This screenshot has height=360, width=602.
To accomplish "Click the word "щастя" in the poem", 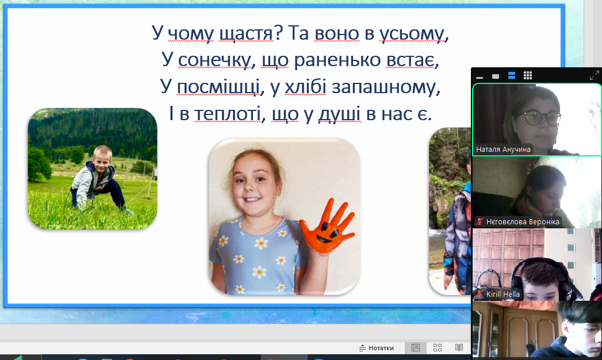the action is (246, 33).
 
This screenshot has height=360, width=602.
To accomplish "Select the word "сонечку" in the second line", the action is (214, 60).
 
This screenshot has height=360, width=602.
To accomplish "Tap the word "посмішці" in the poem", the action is (218, 86).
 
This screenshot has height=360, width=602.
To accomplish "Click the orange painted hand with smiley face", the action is (327, 227).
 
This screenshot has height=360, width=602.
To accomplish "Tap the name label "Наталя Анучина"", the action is (503, 150).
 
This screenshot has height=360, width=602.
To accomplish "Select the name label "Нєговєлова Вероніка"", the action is (523, 222).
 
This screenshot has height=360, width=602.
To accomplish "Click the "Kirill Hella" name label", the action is (503, 294).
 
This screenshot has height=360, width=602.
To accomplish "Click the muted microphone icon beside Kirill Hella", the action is (480, 294).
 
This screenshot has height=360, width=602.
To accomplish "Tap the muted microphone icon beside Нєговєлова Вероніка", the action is (480, 222).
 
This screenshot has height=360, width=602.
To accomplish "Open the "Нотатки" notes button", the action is (377, 348).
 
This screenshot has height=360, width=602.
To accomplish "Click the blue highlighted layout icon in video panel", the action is (512, 75).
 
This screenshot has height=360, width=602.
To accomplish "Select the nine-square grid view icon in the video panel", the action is (528, 75).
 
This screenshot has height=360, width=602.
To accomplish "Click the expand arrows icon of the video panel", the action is (595, 75).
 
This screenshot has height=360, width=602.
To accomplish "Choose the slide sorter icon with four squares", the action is (438, 348).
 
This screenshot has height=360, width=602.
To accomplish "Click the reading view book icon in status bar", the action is (459, 348).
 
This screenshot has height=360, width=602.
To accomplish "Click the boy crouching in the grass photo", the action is (93, 169).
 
